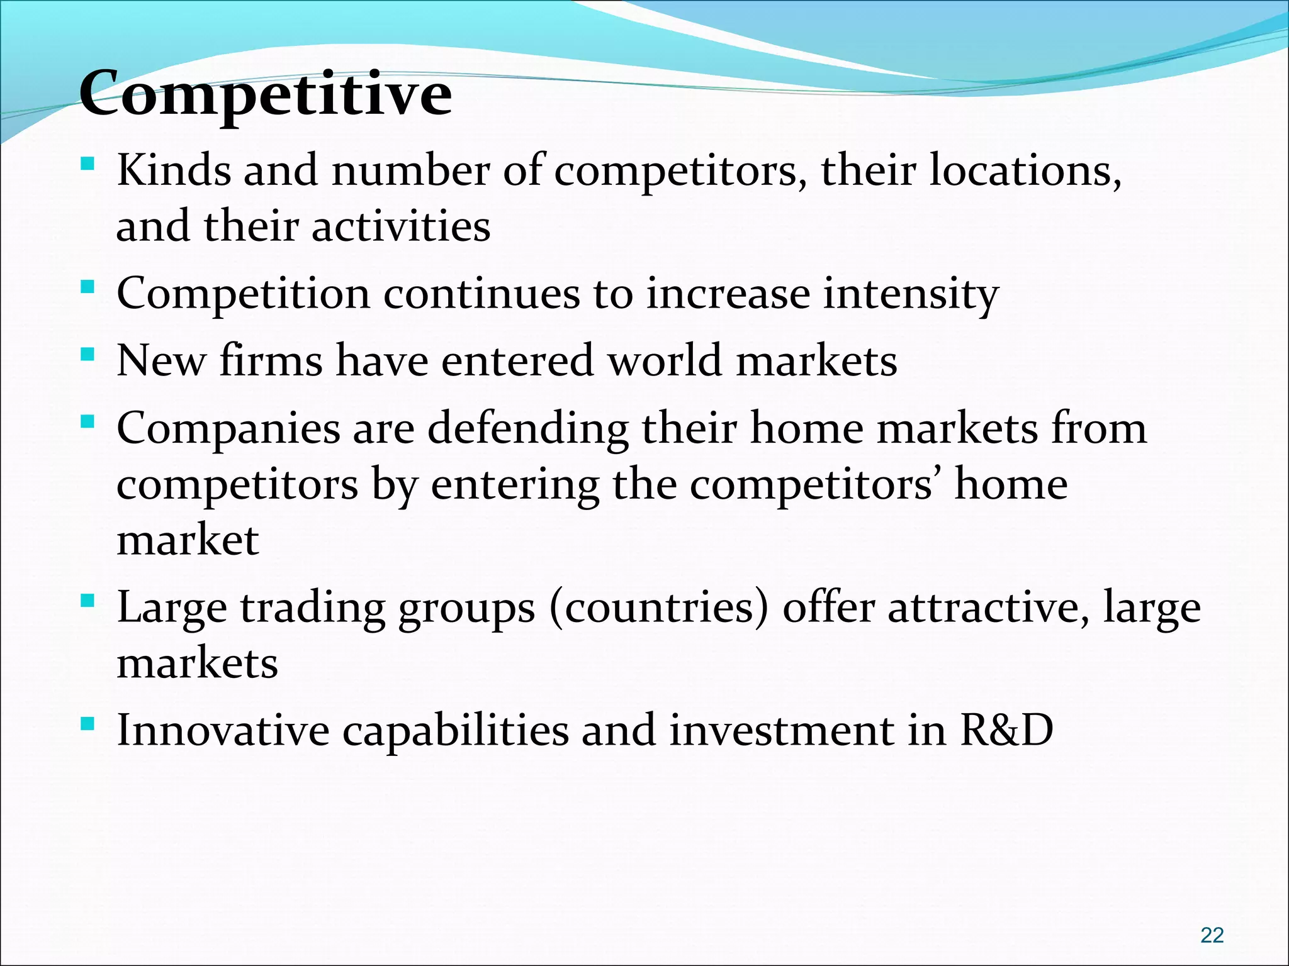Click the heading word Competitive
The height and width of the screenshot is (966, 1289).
(266, 94)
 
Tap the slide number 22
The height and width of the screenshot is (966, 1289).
(1212, 935)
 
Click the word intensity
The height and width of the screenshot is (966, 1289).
(911, 294)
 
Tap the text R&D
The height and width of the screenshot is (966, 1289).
(1006, 730)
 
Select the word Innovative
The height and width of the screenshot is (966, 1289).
(223, 730)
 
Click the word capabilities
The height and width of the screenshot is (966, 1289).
(455, 730)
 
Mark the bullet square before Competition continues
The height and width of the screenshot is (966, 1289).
(88, 288)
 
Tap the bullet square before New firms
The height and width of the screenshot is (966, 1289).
(88, 355)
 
